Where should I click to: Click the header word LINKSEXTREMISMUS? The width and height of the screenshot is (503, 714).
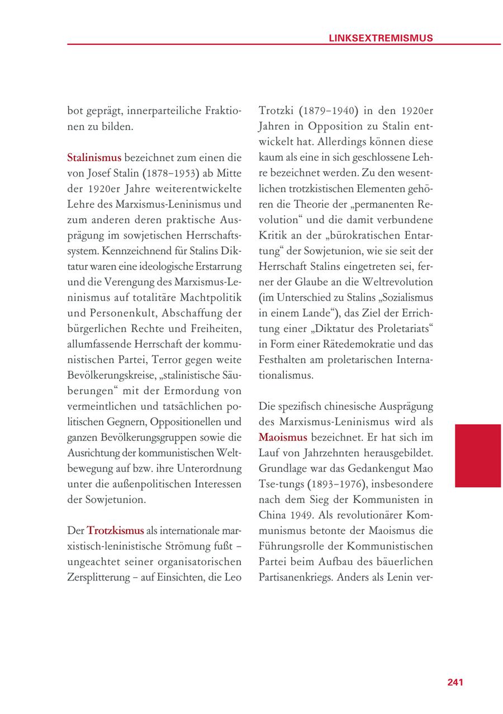coord(381,38)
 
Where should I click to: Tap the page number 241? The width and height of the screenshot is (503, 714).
coord(455,682)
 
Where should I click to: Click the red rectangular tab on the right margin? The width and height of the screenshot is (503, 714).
coord(478,455)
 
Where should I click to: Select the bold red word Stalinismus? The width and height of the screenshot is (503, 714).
coord(94,157)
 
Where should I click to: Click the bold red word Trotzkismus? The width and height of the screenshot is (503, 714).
coord(115,530)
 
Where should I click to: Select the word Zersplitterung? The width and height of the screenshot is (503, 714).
coord(102,576)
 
